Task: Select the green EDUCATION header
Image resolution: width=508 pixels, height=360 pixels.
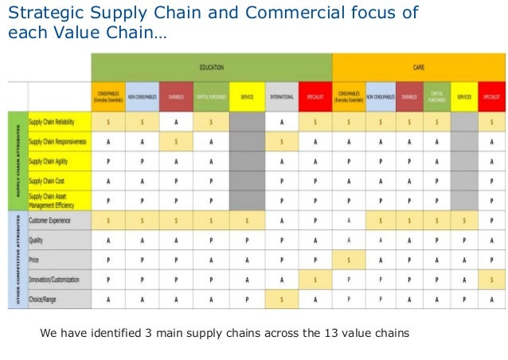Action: coord(211,67)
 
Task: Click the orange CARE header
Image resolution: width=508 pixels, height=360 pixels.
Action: coord(418,67)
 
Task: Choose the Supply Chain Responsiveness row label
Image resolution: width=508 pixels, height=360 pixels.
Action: coord(58,141)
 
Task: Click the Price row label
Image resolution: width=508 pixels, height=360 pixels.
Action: coord(35,259)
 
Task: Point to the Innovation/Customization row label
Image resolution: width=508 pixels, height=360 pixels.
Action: coord(57,280)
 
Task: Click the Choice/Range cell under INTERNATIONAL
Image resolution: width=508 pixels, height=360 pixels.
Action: coord(282,299)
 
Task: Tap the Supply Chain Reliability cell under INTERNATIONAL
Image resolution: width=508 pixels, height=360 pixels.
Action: coord(282,121)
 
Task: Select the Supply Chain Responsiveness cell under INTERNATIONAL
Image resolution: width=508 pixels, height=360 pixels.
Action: coord(282,141)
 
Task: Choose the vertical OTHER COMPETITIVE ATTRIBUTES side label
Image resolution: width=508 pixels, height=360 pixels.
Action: coord(18,260)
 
